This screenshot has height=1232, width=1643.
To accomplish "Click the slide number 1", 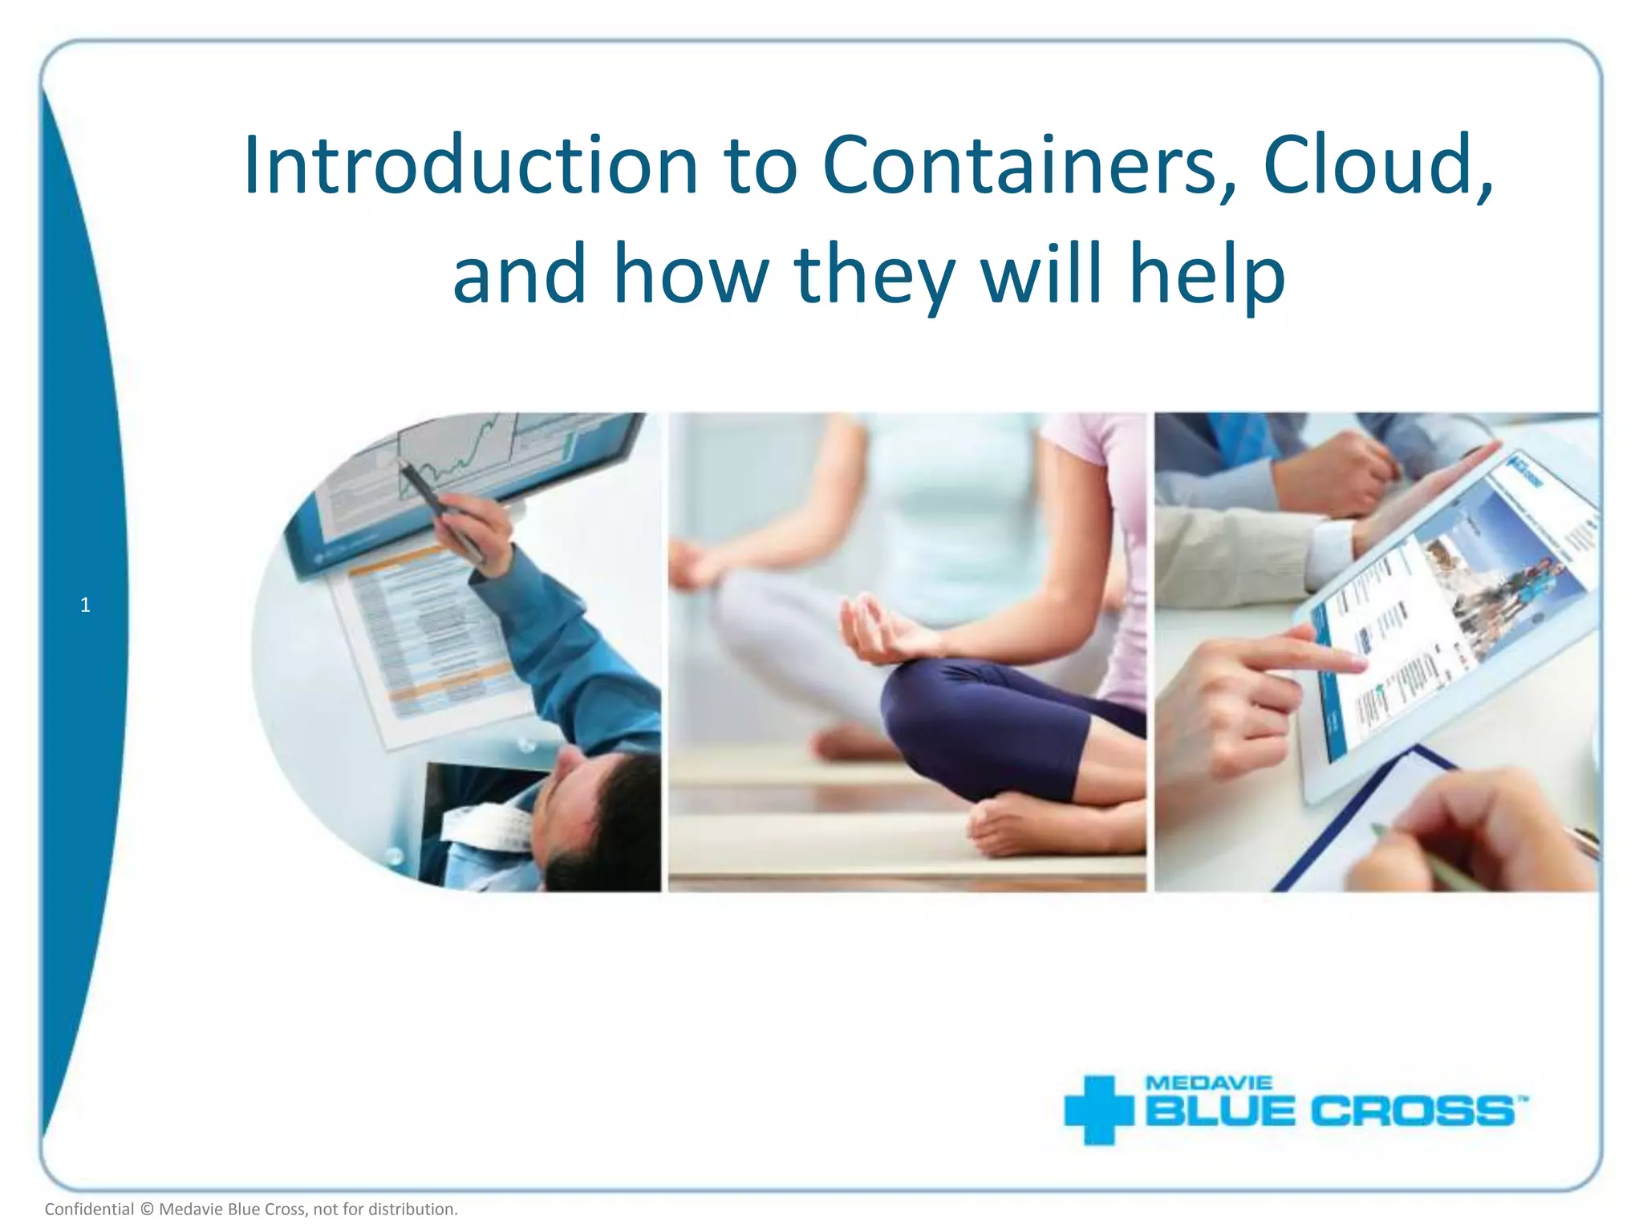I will click(x=85, y=606).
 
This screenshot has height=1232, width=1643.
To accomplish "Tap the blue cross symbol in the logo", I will click(x=1098, y=1110).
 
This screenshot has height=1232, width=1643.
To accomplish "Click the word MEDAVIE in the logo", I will click(x=1209, y=1083).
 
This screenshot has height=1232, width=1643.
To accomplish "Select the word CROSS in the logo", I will click(x=1412, y=1112).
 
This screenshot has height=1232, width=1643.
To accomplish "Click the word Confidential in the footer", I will click(x=89, y=1209).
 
